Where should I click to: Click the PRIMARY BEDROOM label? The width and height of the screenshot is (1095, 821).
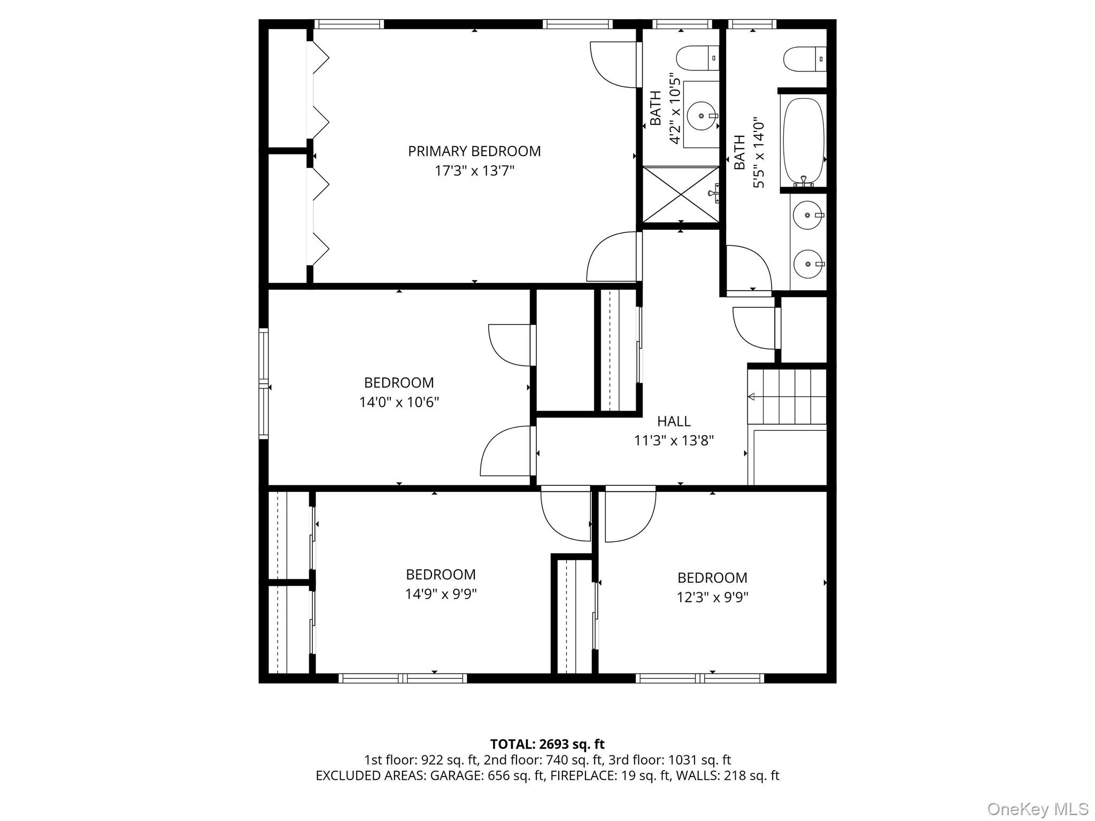click(474, 151)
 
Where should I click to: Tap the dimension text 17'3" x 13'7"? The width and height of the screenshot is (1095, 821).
click(474, 171)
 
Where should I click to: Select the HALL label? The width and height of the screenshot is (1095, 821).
click(674, 421)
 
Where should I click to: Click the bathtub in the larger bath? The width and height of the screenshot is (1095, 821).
click(803, 140)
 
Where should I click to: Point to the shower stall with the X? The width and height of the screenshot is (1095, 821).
click(680, 194)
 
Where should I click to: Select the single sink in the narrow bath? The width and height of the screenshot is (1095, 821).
click(700, 115)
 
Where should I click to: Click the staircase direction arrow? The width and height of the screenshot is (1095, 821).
click(751, 397)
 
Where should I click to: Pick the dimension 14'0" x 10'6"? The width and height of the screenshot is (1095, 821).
click(399, 402)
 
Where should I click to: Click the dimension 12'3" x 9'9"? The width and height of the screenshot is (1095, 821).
click(712, 597)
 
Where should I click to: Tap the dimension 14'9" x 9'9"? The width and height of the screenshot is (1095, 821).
click(441, 594)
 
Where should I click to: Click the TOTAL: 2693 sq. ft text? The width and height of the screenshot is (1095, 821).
click(547, 744)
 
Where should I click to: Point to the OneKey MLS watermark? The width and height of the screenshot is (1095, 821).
click(1037, 809)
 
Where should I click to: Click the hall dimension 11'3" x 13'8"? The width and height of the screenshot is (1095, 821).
click(674, 441)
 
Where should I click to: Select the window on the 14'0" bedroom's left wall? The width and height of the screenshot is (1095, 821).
click(264, 384)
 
